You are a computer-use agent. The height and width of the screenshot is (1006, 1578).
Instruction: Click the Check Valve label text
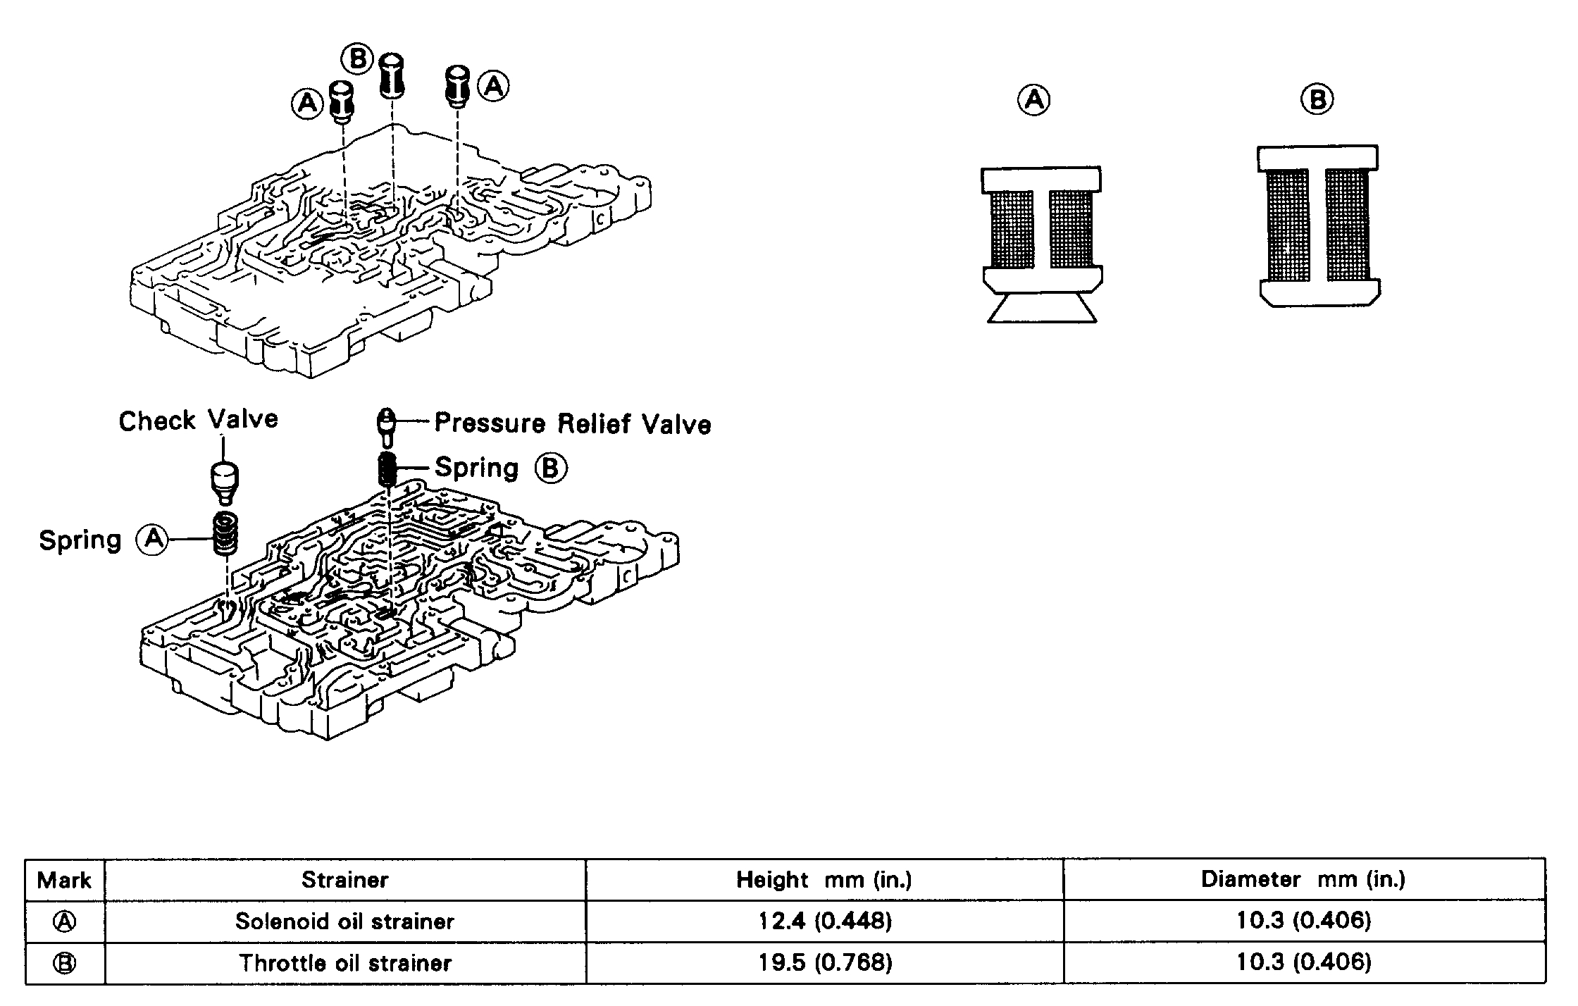pos(198,421)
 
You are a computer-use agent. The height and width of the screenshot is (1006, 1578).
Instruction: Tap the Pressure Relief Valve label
pos(572,423)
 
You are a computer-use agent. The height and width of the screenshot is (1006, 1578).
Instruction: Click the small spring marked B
pos(387,468)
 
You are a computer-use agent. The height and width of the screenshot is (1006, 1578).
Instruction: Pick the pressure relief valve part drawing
pos(386,426)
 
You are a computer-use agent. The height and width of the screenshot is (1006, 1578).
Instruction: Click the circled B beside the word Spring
pos(550,468)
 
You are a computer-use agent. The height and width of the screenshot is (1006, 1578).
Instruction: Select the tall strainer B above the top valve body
pos(392,75)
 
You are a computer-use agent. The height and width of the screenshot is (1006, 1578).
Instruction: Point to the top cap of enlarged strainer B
pos(1317,159)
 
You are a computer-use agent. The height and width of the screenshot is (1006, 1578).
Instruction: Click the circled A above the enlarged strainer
pos(1033,99)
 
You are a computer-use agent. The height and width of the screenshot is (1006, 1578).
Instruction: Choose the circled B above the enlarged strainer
pos(1317,99)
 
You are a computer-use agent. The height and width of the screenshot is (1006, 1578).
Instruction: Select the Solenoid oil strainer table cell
pos(344,921)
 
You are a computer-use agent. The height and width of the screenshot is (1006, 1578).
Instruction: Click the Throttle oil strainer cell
pos(344,963)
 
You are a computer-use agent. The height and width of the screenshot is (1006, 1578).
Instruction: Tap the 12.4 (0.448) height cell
pos(824,921)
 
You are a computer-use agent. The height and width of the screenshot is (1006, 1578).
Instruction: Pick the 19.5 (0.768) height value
pos(824,963)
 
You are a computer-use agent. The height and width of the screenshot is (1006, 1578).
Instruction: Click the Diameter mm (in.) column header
pos(1303,879)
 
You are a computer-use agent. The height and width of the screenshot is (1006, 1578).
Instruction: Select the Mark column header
pos(64,880)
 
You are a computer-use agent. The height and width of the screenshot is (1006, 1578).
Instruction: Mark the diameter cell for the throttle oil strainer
pos(1303,963)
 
